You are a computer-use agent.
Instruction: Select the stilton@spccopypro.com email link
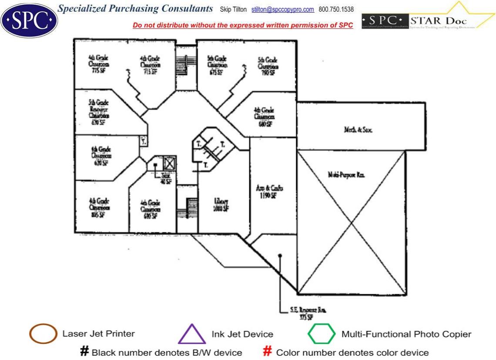282,9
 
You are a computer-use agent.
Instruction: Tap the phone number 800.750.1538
336,9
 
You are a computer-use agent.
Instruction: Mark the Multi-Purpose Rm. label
346,175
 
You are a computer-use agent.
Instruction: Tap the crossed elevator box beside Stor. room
168,163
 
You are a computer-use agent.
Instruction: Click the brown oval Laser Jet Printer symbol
43,334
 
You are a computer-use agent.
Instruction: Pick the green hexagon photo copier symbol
322,334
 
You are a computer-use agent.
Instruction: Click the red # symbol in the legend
268,352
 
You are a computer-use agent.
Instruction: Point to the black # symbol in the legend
85,352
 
